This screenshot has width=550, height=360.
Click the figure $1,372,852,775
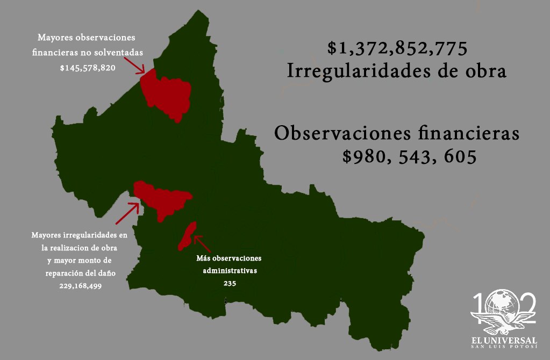coord(397,49)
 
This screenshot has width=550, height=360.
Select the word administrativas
coord(230,270)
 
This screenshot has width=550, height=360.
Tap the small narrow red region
coord(187,236)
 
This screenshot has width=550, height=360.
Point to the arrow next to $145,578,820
coord(134,64)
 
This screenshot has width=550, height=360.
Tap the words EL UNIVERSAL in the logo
coord(504,341)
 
